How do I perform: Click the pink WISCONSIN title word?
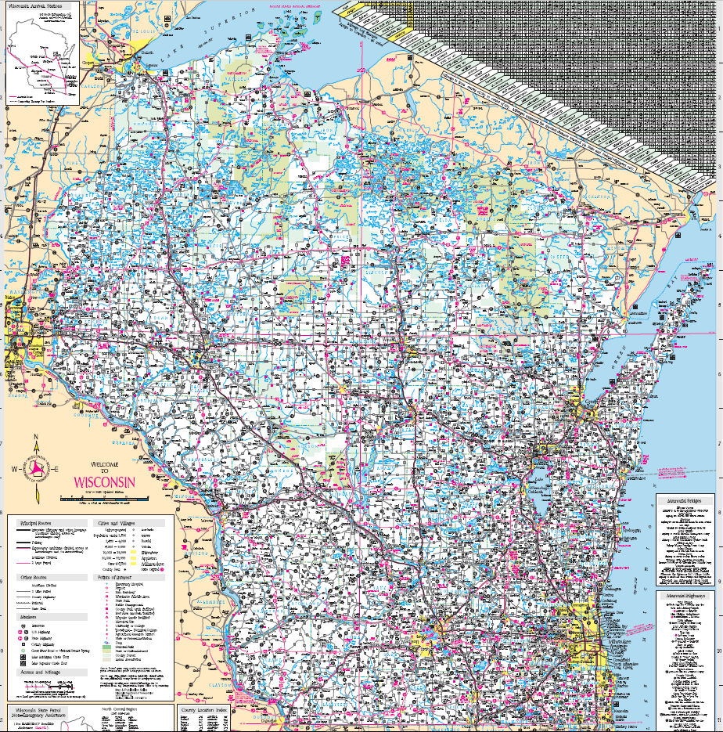(104, 481)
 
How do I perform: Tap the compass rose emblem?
(34, 469)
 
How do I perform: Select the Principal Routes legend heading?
(29, 521)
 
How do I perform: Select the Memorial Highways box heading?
(685, 596)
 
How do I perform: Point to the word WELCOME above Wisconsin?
(103, 463)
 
